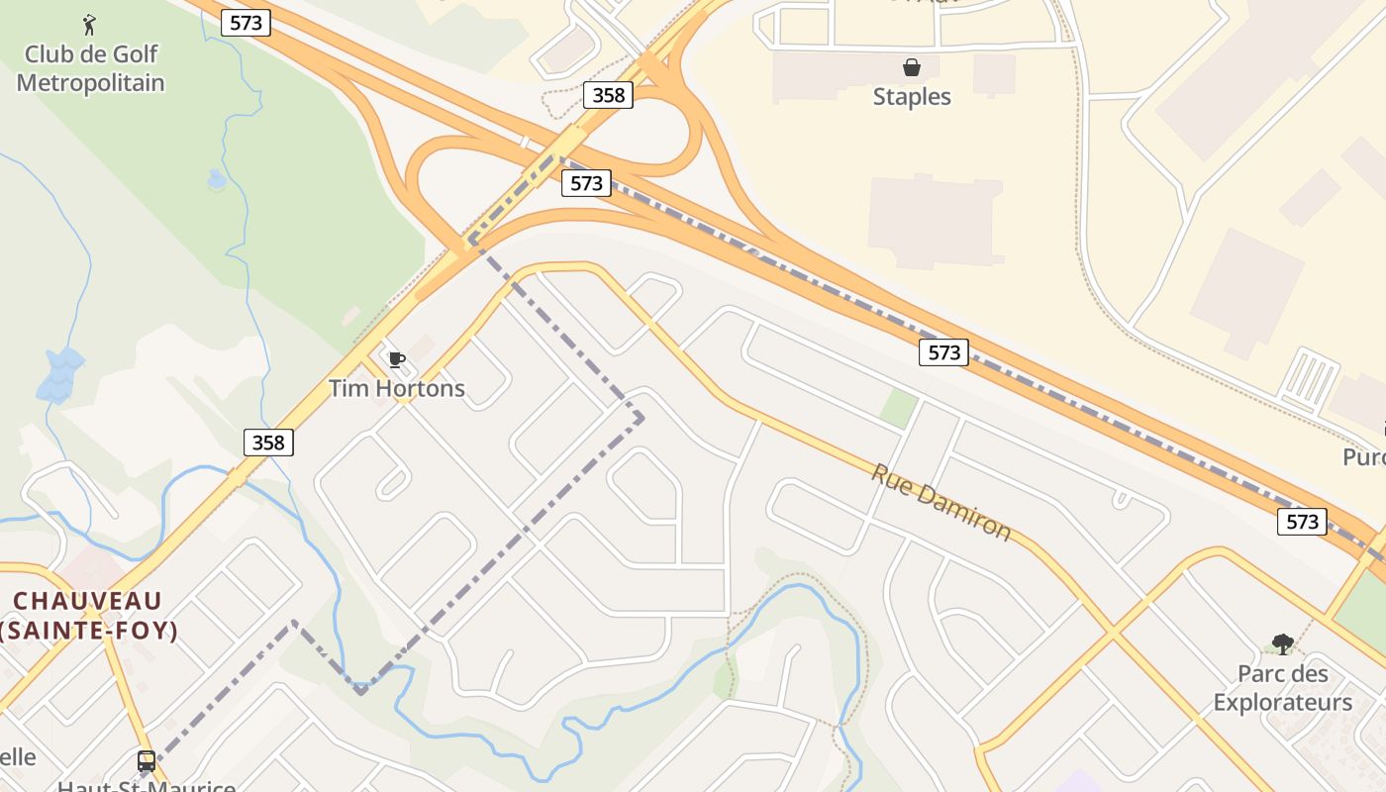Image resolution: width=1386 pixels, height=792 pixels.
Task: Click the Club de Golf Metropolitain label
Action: [x=90, y=68]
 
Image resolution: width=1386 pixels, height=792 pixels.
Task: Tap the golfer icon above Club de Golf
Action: [x=90, y=24]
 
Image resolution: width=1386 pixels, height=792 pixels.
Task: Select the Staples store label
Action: [x=911, y=96]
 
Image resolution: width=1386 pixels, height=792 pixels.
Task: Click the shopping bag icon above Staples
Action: [x=911, y=67]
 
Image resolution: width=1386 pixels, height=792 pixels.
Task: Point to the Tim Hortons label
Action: [x=396, y=388]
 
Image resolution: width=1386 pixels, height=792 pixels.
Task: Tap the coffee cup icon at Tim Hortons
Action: [x=396, y=359]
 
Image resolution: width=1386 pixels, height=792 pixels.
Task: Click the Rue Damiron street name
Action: [x=940, y=502]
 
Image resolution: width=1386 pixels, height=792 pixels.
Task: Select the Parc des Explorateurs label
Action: [x=1282, y=688]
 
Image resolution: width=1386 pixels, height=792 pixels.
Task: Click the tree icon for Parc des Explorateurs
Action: [x=1283, y=644]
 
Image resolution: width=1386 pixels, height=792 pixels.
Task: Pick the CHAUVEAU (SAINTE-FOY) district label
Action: [x=88, y=615]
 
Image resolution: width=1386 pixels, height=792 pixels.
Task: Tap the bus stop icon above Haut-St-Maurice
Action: [x=147, y=761]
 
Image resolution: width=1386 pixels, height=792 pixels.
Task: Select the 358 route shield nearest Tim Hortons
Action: [x=268, y=442]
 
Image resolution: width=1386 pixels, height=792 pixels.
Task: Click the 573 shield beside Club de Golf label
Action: [x=246, y=22]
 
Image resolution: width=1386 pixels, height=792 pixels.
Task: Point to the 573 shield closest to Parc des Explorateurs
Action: [x=1301, y=521]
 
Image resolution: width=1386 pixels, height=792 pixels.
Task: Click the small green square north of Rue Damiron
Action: [x=899, y=408]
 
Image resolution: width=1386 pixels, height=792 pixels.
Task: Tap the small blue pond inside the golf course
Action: [x=217, y=179]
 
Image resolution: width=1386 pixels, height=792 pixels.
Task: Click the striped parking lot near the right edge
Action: [x=1310, y=378]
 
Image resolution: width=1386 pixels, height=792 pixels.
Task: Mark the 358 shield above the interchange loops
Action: [x=608, y=94]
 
